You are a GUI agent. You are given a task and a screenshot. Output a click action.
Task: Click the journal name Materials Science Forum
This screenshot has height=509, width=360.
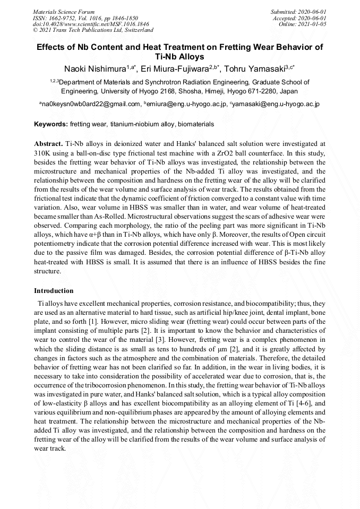(x=64, y=11)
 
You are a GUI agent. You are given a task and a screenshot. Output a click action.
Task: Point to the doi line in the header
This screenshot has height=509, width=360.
(x=91, y=24)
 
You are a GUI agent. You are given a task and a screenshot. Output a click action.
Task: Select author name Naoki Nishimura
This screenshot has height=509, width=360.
(x=94, y=70)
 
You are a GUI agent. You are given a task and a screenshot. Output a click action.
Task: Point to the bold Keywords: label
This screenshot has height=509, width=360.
(x=51, y=124)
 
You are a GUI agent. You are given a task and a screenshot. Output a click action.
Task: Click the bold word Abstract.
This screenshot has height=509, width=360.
(x=48, y=144)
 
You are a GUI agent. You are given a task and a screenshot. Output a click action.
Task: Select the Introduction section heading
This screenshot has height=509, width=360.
(x=54, y=291)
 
